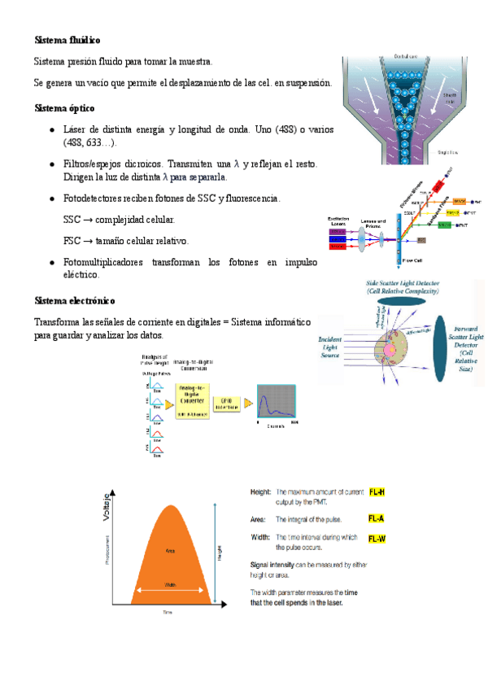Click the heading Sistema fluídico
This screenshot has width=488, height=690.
(x=68, y=39)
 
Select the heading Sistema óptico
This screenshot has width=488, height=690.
(x=64, y=107)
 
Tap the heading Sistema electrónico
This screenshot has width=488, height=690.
(x=75, y=300)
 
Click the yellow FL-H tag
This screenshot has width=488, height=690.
(x=377, y=492)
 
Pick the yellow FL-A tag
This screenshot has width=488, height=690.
(x=377, y=517)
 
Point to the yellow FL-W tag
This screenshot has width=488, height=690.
(x=377, y=539)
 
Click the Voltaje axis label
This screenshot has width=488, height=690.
(x=106, y=509)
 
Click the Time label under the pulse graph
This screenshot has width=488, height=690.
(x=168, y=611)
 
